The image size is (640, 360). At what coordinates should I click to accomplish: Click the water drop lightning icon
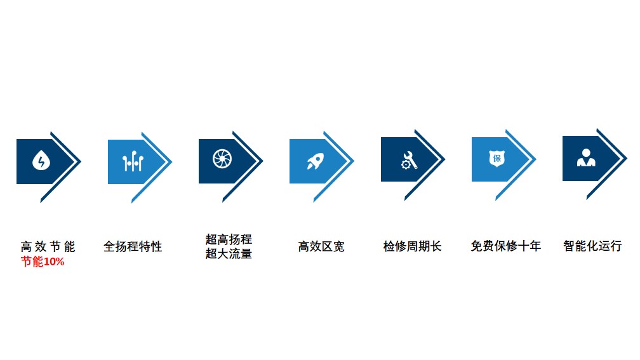41,160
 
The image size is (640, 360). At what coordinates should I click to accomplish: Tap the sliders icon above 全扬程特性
133,161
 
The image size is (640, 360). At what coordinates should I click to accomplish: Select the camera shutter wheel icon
222,159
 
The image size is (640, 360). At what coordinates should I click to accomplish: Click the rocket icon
316,161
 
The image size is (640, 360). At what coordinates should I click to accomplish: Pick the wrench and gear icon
409,160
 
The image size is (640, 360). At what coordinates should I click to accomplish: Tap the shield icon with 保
497,158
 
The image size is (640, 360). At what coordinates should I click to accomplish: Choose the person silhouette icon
586,157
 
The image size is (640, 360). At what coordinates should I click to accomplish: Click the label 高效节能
48,246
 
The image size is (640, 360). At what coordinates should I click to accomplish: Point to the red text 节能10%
43,261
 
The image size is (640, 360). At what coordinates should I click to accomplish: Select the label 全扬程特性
133,246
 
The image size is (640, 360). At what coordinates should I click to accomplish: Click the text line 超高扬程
229,239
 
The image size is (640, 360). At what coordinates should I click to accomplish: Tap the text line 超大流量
229,253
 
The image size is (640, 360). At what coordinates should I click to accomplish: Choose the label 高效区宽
321,246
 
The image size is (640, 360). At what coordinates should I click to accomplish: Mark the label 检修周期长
412,246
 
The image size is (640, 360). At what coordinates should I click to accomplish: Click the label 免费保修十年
505,246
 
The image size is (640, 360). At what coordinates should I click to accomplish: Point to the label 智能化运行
592,246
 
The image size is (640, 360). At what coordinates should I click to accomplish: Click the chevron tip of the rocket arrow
354,161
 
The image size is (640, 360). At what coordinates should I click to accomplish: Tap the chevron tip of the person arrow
627,158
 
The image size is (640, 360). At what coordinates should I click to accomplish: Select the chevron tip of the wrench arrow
445,159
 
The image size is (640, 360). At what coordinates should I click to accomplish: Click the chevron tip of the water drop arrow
81,162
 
